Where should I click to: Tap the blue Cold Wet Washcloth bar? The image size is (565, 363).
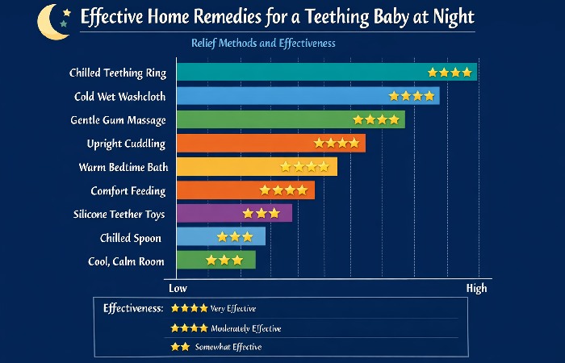click(308, 96)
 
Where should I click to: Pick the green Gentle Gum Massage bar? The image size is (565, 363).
click(290, 119)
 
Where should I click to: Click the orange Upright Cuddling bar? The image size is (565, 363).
click(270, 144)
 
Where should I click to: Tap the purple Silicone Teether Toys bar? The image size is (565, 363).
click(233, 214)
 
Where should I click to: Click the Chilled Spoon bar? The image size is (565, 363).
click(220, 237)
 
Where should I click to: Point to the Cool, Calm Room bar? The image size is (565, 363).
click(215, 261)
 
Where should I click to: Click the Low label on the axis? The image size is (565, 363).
click(178, 288)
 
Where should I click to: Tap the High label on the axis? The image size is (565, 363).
click(476, 288)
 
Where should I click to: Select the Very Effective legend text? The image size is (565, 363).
click(233, 308)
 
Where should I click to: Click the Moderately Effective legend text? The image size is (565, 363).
click(246, 328)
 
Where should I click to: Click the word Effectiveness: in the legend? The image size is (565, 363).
click(134, 308)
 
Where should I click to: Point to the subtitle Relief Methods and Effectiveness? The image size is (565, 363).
click(264, 43)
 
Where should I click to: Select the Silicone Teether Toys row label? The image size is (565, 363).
click(119, 214)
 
